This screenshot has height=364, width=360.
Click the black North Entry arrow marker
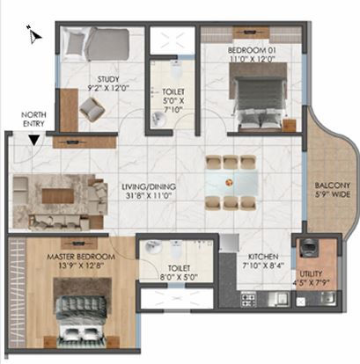[34, 140]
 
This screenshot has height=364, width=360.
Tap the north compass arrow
[34, 34]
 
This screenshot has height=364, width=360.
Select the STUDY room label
[108, 79]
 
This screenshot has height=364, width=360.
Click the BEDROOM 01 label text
[252, 50]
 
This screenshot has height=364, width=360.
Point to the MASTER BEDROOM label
[81, 257]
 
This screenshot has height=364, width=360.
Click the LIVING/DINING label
[149, 186]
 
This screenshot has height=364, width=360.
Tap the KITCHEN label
[263, 257]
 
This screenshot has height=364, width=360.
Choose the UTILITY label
[311, 274]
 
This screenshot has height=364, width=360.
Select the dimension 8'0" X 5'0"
[179, 277]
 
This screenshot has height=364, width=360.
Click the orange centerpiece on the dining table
[229, 182]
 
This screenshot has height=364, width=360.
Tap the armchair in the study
[92, 109]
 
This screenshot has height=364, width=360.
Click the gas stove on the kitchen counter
[248, 300]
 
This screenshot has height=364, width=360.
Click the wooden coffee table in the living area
[58, 196]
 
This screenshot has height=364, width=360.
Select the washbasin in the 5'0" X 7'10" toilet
[158, 120]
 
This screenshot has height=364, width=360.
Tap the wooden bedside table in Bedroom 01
[289, 125]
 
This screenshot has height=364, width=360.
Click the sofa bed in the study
[96, 44]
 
